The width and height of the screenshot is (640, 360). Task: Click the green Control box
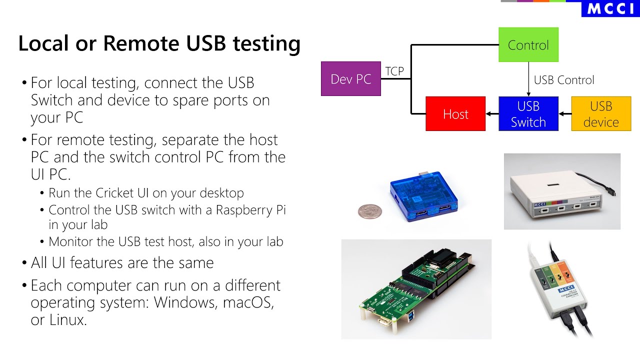point(528,45)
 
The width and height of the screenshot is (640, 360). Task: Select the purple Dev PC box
point(350,79)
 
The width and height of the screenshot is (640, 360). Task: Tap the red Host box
point(455,114)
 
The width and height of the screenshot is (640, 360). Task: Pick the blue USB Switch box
point(528,114)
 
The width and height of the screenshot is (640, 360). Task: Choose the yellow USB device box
point(601,114)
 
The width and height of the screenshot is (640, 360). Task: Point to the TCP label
point(394,71)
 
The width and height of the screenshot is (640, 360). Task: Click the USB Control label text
point(563,80)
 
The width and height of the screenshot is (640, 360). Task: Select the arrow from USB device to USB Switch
point(565,114)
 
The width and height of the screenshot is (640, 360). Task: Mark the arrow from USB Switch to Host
point(492,114)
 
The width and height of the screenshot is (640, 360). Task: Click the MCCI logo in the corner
point(610,8)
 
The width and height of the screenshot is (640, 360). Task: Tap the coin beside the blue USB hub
point(369,211)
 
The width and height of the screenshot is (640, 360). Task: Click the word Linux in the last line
point(66,320)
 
